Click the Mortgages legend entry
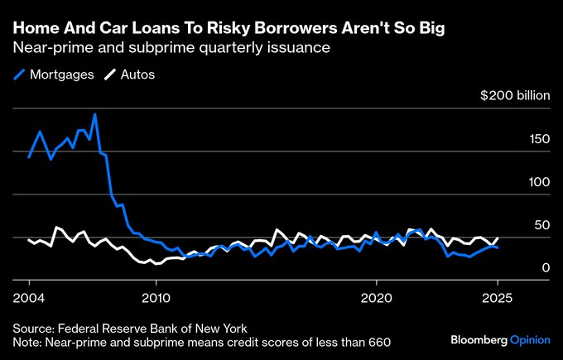[x=61, y=74]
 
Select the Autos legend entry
[x=137, y=74]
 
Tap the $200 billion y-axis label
[x=515, y=95]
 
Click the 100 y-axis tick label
[x=539, y=181]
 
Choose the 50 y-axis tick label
[x=542, y=224]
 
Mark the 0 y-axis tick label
[x=546, y=267]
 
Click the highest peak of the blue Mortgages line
[x=95, y=114]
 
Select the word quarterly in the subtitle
[x=237, y=48]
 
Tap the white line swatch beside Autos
[x=109, y=74]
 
